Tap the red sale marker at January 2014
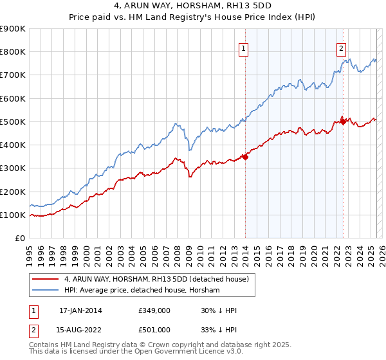[245, 156]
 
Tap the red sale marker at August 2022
[343, 120]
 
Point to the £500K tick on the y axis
[13, 122]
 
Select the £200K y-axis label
[13, 192]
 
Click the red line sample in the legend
[45, 279]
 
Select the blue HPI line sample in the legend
[45, 290]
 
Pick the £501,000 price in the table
[154, 329]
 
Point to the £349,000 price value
[154, 310]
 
